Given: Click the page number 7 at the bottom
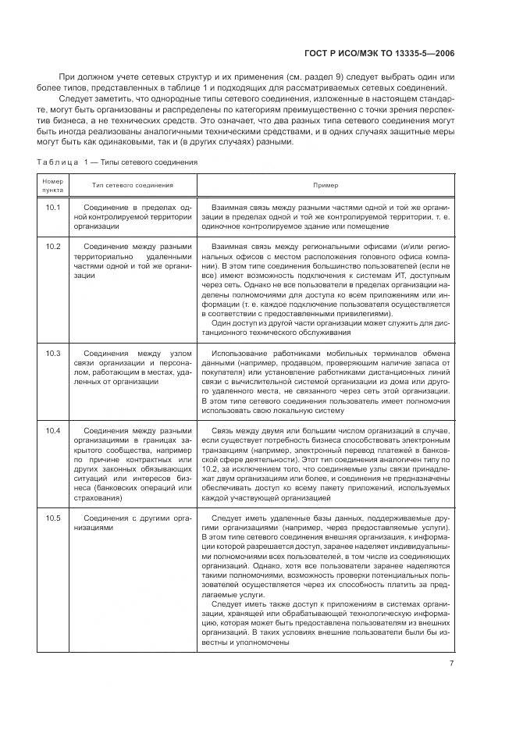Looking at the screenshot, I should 451,664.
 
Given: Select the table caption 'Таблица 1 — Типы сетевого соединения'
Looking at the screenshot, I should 117,162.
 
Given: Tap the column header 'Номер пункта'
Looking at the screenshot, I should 52,185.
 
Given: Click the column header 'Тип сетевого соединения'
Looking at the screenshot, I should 133,185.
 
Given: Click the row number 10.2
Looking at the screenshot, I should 52,246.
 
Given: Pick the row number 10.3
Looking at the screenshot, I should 52,354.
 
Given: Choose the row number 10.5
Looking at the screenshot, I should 52,518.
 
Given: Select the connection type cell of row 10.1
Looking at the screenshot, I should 133,217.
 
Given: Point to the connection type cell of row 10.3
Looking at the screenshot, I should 133,368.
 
